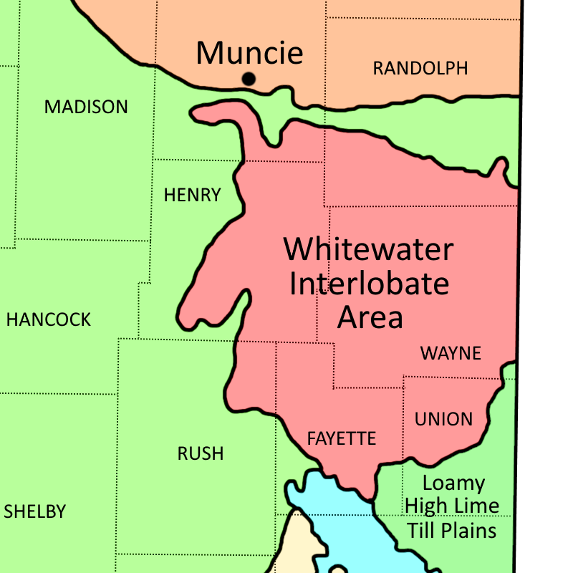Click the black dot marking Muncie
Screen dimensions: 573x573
pos(249,79)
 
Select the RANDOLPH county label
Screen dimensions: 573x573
pos(420,69)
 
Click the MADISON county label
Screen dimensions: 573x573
pos(86,107)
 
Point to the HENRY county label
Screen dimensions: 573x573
pos(192,195)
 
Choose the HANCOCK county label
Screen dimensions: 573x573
pos(49,320)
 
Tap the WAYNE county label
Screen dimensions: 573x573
pos(451,353)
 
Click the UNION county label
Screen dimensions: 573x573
pos(443,419)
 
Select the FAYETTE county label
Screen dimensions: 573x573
pos(342,439)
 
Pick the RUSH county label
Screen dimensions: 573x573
pos(201,453)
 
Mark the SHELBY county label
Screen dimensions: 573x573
pos(34,512)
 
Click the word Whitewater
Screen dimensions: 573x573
pos(369,250)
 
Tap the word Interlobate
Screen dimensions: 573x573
pos(369,284)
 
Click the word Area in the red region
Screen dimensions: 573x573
pos(370,317)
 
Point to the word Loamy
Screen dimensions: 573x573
pos(453,483)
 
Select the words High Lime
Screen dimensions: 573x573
pos(452,506)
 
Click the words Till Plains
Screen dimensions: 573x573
pos(452,531)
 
